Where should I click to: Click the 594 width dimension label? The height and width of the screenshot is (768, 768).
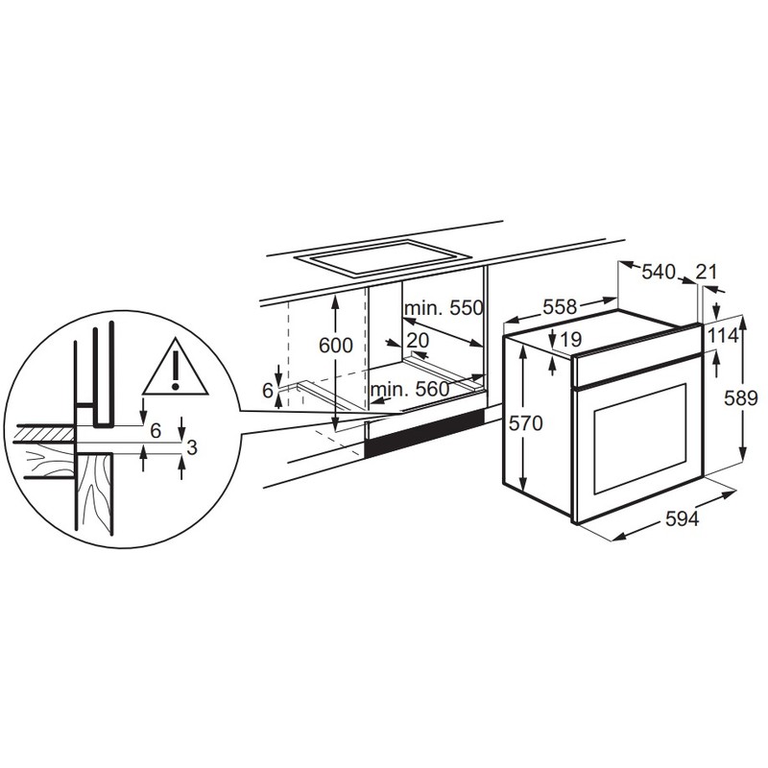click(680, 519)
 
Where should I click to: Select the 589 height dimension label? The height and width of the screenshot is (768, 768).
click(747, 396)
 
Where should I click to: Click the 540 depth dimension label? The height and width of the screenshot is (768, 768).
click(659, 272)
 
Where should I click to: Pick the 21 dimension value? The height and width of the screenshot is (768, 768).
click(707, 272)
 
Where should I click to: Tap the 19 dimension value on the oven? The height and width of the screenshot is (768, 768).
click(569, 339)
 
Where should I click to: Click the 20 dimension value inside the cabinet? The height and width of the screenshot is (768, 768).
click(417, 340)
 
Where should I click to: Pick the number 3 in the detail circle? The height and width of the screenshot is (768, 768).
click(192, 446)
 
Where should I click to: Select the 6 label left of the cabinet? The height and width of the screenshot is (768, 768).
click(268, 390)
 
